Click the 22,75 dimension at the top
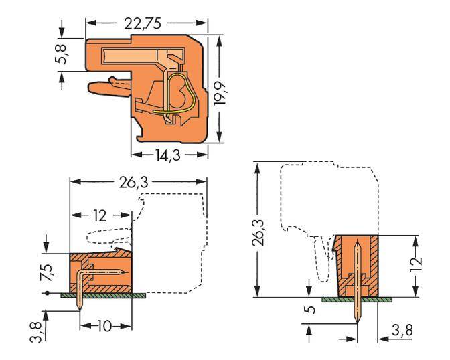coord(145,25)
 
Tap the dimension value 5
coord(309,311)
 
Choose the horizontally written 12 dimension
coord(100,217)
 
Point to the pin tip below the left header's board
coord(81,308)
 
